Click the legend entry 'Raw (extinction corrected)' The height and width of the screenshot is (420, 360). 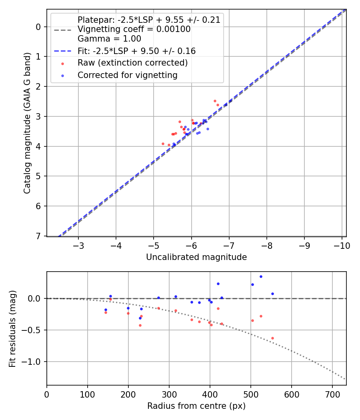[132, 63]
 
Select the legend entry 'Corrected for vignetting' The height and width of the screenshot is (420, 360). [127, 75]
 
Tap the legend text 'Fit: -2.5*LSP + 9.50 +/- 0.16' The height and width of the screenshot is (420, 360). [136, 51]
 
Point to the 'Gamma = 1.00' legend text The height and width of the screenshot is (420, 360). [109, 39]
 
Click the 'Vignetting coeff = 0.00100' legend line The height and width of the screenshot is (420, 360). [134, 29]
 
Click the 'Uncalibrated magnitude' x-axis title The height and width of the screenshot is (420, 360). [196, 257]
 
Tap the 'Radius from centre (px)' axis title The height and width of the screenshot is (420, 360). [196, 406]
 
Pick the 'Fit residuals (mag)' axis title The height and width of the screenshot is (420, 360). [13, 328]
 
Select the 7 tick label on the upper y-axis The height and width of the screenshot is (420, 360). [39, 236]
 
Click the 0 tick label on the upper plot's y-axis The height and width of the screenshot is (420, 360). [39, 27]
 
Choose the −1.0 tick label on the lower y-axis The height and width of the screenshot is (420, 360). [32, 362]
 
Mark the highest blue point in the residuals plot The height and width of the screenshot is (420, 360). [261, 276]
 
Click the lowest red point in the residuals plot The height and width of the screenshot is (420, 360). [272, 338]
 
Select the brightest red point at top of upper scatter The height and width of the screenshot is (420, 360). [215, 101]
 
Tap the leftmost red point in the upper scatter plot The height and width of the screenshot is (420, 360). [163, 144]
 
